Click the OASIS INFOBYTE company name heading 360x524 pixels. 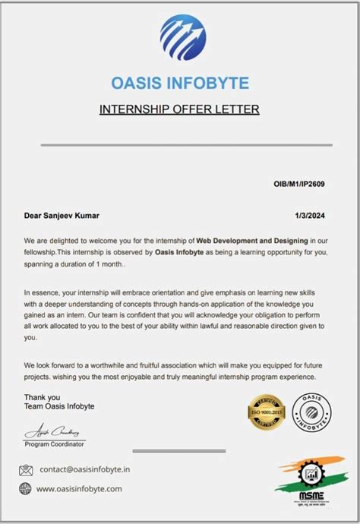pyautogui.click(x=179, y=83)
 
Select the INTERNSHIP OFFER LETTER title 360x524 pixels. pyautogui.click(x=179, y=109)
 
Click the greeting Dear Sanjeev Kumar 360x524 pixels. pyautogui.click(x=62, y=216)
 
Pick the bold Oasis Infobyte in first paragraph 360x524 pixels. pyautogui.click(x=183, y=252)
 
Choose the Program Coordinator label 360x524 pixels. pyautogui.click(x=55, y=444)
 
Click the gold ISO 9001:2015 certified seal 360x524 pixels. pyautogui.click(x=266, y=412)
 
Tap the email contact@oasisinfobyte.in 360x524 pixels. pyautogui.click(x=84, y=470)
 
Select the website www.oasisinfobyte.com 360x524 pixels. pyautogui.click(x=79, y=489)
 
